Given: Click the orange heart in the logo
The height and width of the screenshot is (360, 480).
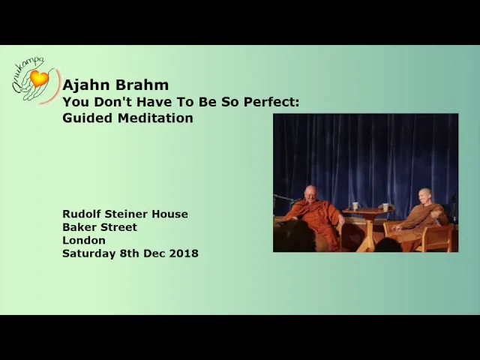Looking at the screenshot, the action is [x=39, y=78].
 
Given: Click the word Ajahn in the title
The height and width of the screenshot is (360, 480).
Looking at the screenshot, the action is [x=83, y=85].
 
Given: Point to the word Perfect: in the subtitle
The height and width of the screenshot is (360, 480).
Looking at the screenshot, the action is [x=271, y=102].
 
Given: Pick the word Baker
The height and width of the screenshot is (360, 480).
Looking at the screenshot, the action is [x=78, y=227].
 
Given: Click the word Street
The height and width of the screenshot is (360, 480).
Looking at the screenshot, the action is [x=117, y=227].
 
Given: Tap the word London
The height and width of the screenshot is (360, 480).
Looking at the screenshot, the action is [x=84, y=240].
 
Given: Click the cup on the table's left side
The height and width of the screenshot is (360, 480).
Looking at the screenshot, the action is [x=355, y=206].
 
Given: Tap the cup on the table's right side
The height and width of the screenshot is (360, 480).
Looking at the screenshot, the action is [x=385, y=207].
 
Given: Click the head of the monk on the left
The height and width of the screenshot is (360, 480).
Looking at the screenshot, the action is [x=311, y=193].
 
